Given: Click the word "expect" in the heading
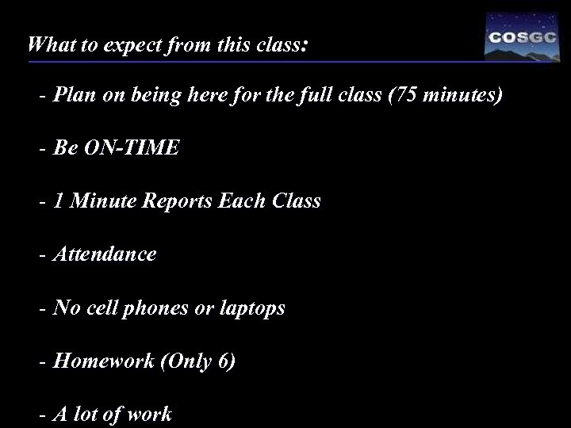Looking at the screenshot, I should click(125, 44).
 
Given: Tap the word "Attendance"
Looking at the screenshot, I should click(104, 254).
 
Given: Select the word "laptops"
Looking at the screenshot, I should click(251, 308).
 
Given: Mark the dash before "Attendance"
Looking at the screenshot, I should click(42, 254).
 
